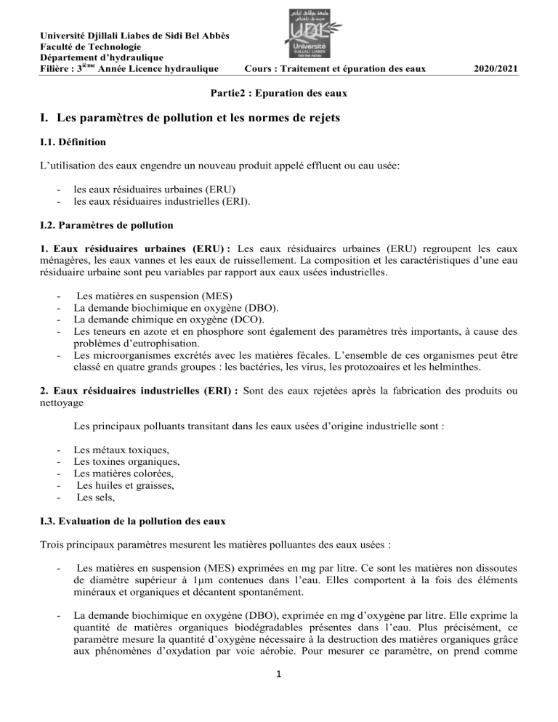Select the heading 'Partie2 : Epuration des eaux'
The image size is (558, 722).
click(279, 94)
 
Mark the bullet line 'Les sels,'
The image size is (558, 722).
click(96, 497)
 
